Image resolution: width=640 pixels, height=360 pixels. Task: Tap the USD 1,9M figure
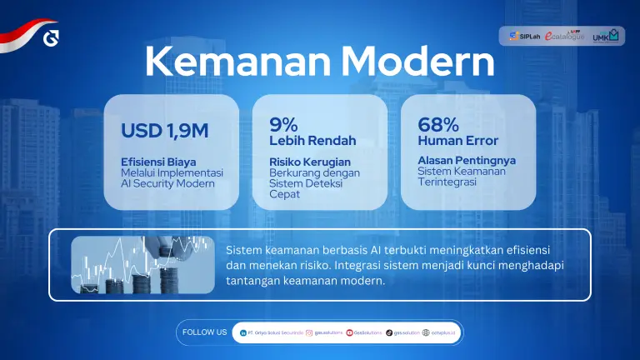point(164,131)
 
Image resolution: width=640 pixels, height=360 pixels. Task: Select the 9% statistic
point(283,124)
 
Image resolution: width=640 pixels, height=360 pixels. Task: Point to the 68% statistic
point(437,124)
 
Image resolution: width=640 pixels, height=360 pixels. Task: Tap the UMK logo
point(606,36)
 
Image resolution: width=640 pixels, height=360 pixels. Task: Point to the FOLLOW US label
point(204,332)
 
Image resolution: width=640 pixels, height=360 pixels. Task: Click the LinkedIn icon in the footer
point(242,332)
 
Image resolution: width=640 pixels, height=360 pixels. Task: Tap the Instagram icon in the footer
point(308,332)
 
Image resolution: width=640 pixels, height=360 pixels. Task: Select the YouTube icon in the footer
point(349,332)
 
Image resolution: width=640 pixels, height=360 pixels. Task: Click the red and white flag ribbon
point(25,35)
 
